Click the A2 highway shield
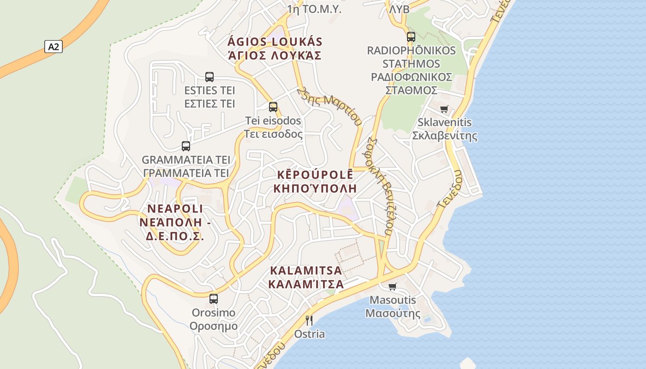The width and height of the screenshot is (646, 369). (54, 46)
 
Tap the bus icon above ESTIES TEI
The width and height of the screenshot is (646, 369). (209, 77)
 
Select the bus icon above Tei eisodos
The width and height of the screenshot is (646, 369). (273, 107)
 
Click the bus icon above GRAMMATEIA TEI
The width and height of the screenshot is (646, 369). (186, 146)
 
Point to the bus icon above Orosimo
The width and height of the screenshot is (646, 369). (213, 298)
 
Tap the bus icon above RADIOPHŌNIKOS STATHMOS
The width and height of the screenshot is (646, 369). (411, 37)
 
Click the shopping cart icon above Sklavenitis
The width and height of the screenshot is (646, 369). (444, 109)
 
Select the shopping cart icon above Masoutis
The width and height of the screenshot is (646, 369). (393, 286)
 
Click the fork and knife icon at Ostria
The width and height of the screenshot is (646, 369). (309, 320)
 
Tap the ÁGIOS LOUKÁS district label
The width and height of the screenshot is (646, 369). (275, 42)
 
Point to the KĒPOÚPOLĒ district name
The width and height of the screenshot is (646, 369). (315, 175)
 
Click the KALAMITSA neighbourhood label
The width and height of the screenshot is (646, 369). (306, 270)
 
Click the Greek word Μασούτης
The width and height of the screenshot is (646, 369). (393, 314)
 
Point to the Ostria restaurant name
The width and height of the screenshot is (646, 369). (310, 334)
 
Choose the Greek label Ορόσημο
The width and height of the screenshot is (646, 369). (214, 326)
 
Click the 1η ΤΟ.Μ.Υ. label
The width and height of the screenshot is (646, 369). (314, 9)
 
